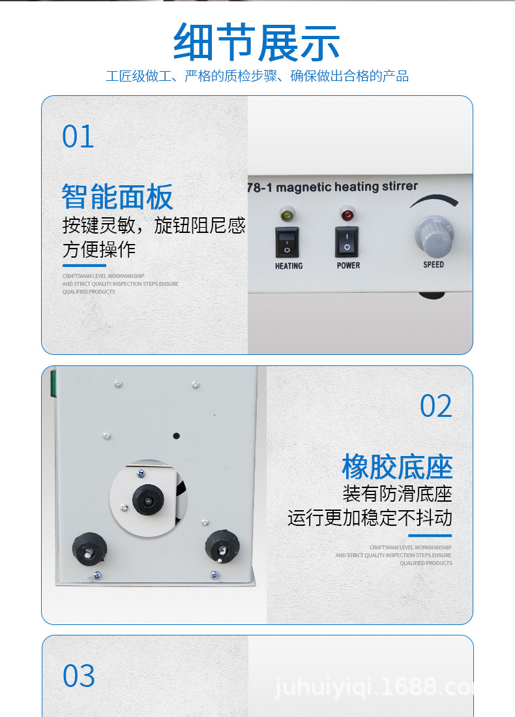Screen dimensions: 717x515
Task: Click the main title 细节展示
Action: [x=257, y=43]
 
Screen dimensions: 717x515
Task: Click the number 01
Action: [x=78, y=137]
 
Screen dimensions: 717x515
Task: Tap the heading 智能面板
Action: [x=118, y=196]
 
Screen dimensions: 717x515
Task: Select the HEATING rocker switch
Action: [x=287, y=242]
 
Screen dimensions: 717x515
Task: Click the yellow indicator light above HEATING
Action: [x=286, y=213]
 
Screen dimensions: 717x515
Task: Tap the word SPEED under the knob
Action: [x=434, y=264]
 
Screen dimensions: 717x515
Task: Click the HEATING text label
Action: [x=289, y=266]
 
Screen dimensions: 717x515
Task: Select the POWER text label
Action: [x=348, y=266]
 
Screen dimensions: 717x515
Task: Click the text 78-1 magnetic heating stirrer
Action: [x=332, y=187]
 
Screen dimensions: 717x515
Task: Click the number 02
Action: [x=436, y=406]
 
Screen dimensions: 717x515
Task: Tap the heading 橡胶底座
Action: [x=397, y=467]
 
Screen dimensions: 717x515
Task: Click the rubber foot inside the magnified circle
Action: [x=149, y=500]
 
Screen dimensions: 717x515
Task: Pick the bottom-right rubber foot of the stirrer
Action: [x=224, y=545]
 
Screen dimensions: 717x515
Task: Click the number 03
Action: [x=79, y=676]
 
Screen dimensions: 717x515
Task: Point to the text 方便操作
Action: [x=99, y=249]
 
